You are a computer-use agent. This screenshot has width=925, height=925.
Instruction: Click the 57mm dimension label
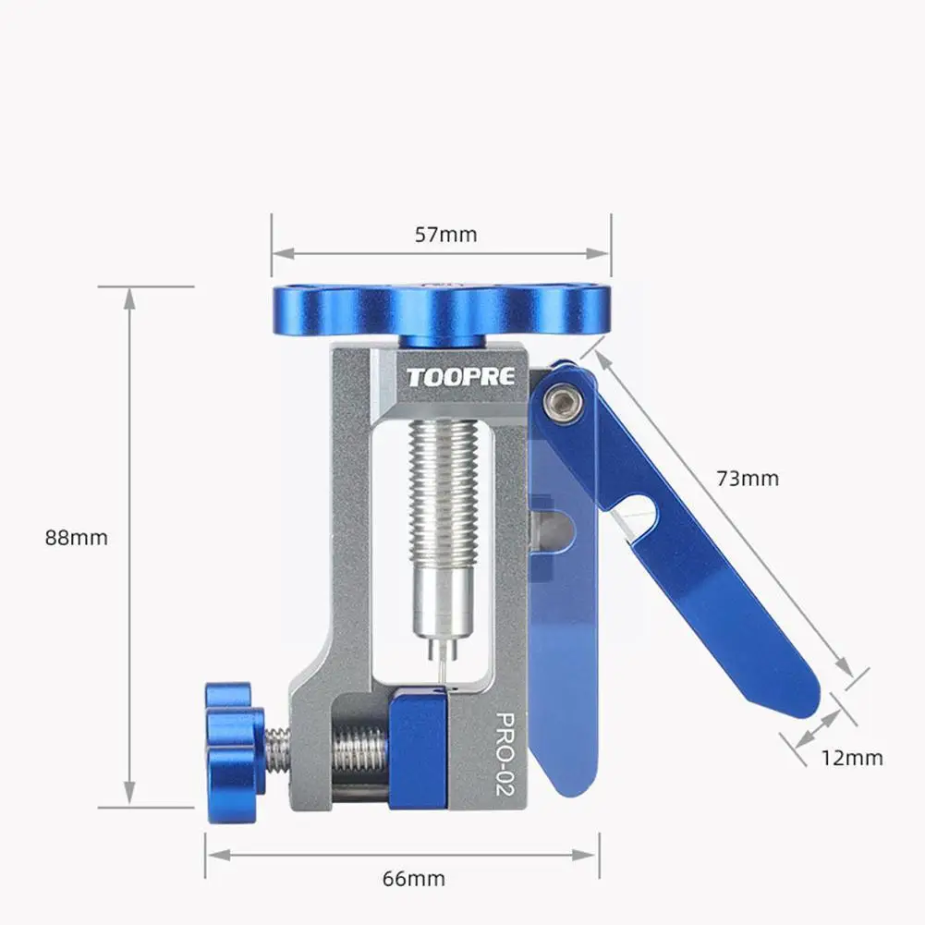(x=445, y=235)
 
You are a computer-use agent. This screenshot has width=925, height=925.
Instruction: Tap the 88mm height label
(x=77, y=538)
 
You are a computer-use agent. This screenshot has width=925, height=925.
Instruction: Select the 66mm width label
(x=414, y=879)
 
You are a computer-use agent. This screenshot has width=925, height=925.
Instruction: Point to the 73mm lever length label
(x=748, y=479)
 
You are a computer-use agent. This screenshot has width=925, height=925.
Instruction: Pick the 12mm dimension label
(x=852, y=758)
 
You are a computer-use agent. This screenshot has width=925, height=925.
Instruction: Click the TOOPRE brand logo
(x=461, y=377)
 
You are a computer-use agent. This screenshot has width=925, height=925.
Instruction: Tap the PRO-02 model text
(x=505, y=754)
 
